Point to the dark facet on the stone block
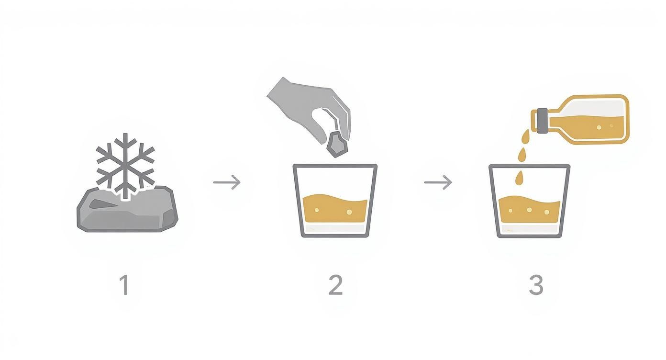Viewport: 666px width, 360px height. (x=102, y=204)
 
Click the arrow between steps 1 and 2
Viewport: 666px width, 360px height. (x=227, y=182)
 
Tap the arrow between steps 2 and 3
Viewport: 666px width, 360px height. (x=438, y=182)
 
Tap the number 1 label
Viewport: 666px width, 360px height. (x=124, y=285)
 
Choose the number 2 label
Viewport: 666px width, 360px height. (x=335, y=285)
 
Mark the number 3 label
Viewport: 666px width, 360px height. (x=536, y=285)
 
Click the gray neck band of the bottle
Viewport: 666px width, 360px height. (x=542, y=120)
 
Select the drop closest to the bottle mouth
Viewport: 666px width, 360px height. (x=526, y=137)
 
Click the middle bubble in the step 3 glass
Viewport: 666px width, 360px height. (x=529, y=210)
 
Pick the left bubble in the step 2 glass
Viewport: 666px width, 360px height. (x=317, y=209)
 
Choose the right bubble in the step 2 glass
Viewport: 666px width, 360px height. (x=349, y=211)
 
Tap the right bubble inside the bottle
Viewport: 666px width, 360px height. (x=611, y=126)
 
